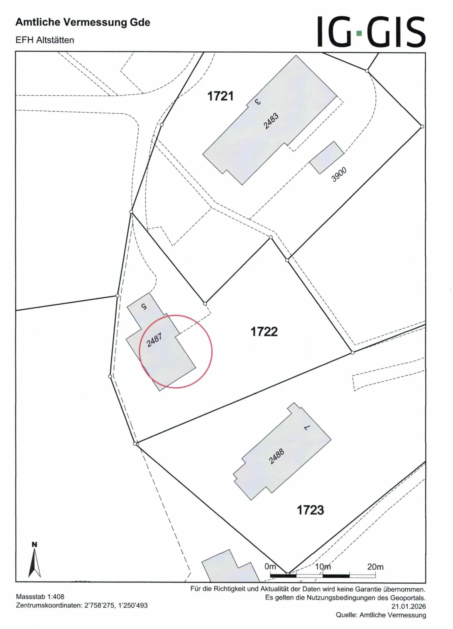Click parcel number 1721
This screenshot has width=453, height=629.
(x=220, y=96)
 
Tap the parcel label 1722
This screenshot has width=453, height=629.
(x=264, y=332)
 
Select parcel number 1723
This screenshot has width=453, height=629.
(x=310, y=510)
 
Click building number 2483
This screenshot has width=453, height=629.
(x=271, y=121)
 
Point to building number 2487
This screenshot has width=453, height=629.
(x=154, y=340)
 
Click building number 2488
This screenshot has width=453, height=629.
(x=277, y=456)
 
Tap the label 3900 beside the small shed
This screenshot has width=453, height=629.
(x=339, y=175)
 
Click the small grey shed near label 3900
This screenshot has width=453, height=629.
(x=327, y=158)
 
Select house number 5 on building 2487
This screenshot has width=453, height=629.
(x=143, y=306)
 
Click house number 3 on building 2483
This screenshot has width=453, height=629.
(x=258, y=102)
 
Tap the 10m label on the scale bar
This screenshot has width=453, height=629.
(x=323, y=567)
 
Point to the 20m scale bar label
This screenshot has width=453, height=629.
(x=375, y=567)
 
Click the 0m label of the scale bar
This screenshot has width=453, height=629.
(x=270, y=567)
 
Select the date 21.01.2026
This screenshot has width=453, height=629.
(x=408, y=606)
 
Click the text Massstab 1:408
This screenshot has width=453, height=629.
(x=40, y=597)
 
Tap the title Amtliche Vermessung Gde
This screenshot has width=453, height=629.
(x=83, y=22)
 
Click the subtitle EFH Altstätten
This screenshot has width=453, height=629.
(x=45, y=40)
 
